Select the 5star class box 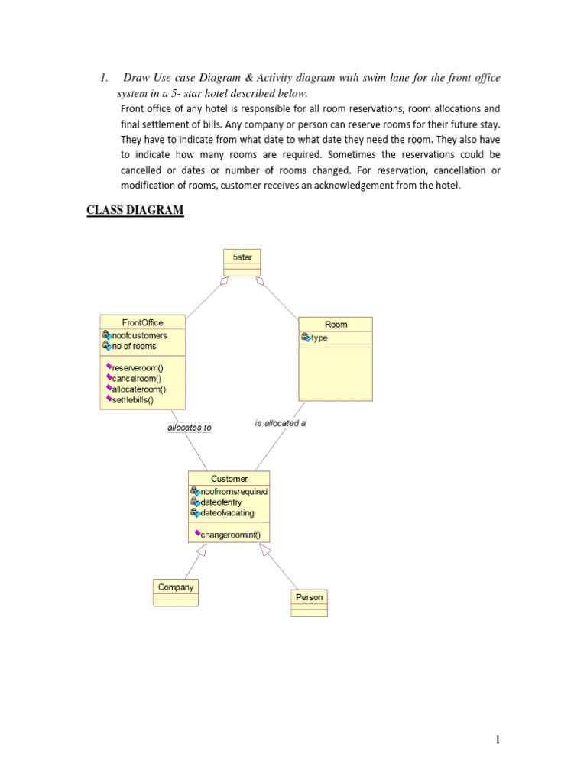242,262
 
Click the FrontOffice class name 142,322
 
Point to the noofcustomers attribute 139,334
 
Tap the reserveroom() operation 138,367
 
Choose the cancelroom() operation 137,378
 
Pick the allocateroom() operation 138,389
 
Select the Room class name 336,325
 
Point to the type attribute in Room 319,338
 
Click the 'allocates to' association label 190,428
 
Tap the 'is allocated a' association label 281,423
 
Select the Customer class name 229,479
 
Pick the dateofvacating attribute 227,512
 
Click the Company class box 176,592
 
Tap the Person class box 309,603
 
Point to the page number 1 497,739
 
